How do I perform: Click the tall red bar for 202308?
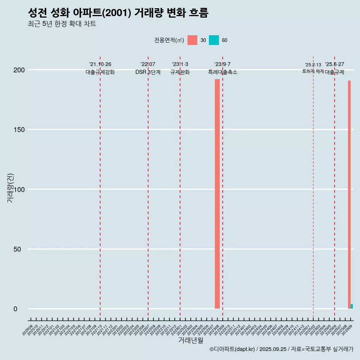pyautogui.click(x=217, y=193)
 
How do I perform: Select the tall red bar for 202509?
pyautogui.click(x=349, y=194)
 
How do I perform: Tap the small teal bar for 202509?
pyautogui.click(x=352, y=306)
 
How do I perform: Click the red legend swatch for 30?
pyautogui.click(x=192, y=40)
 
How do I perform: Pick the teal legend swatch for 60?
pyautogui.click(x=214, y=40)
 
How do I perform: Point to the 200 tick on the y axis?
pyautogui.click(x=21, y=70)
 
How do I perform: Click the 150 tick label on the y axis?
pyautogui.click(x=21, y=130)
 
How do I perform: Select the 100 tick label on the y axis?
pyautogui.click(x=21, y=189)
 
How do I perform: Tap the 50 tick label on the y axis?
pyautogui.click(x=22, y=249)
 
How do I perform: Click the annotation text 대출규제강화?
pyautogui.click(x=100, y=72)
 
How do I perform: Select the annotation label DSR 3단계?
pyautogui.click(x=148, y=72)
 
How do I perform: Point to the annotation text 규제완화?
pyautogui.click(x=180, y=72)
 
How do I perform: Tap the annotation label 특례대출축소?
pyautogui.click(x=223, y=72)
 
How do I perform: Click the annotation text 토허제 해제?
pyautogui.click(x=313, y=71)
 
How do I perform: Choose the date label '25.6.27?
pyautogui.click(x=334, y=64)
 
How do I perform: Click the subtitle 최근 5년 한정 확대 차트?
pyautogui.click(x=62, y=24)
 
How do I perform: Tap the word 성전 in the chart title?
pyautogui.click(x=37, y=13)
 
